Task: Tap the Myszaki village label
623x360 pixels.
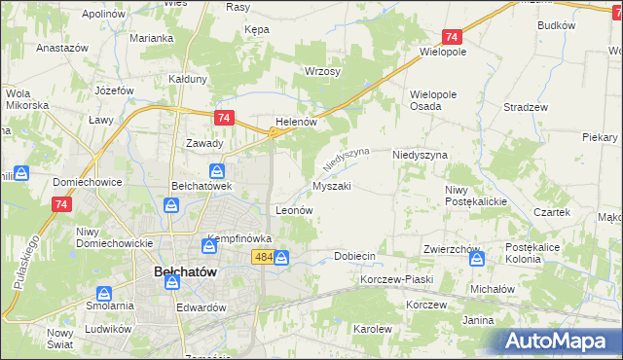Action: point(331,185)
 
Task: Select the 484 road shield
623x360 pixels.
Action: point(263,257)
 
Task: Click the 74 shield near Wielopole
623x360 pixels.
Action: point(451,36)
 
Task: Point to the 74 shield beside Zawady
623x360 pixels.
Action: point(224,118)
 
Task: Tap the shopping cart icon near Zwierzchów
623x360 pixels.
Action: point(476,259)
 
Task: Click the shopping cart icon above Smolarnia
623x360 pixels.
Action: point(104,293)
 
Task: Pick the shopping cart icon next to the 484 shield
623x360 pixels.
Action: point(281,258)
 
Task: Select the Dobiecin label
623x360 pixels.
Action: point(354,256)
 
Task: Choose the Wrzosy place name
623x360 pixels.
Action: point(322,72)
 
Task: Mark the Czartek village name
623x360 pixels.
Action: point(551,211)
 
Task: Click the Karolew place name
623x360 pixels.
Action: point(372,329)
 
